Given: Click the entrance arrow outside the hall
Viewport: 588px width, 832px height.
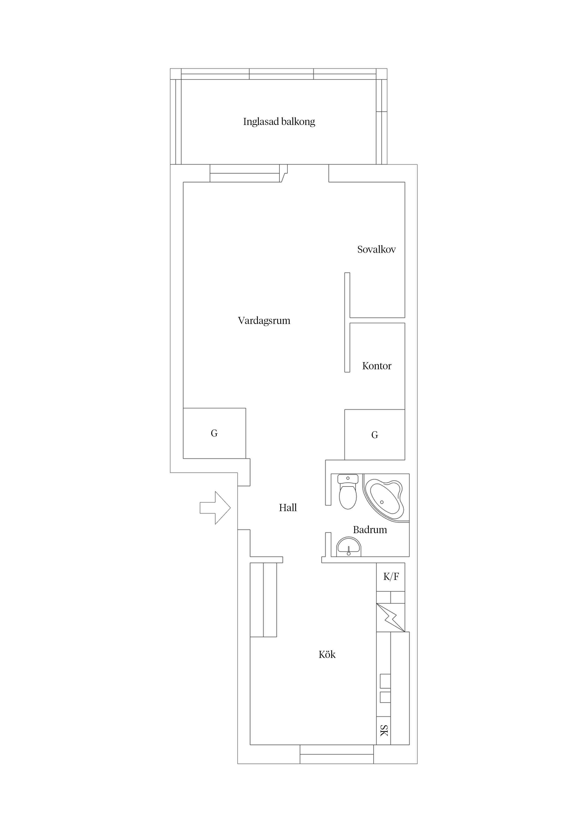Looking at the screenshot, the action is pos(215,508).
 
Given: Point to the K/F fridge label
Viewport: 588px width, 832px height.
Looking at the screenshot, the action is pos(391,576).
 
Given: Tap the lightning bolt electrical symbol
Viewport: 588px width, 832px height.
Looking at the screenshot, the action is pos(390,617).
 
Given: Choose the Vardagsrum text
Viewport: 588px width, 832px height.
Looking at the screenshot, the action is pos(264,321).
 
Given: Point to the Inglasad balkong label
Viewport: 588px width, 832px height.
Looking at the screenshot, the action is pos(279,122).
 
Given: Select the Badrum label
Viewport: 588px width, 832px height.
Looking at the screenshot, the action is pos(370,530).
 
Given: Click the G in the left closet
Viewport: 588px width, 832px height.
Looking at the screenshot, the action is pos(214,433).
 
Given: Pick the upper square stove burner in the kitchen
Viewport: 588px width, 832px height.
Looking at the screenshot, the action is pos(385,681).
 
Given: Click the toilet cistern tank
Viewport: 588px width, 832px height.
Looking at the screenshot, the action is pos(348,479).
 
